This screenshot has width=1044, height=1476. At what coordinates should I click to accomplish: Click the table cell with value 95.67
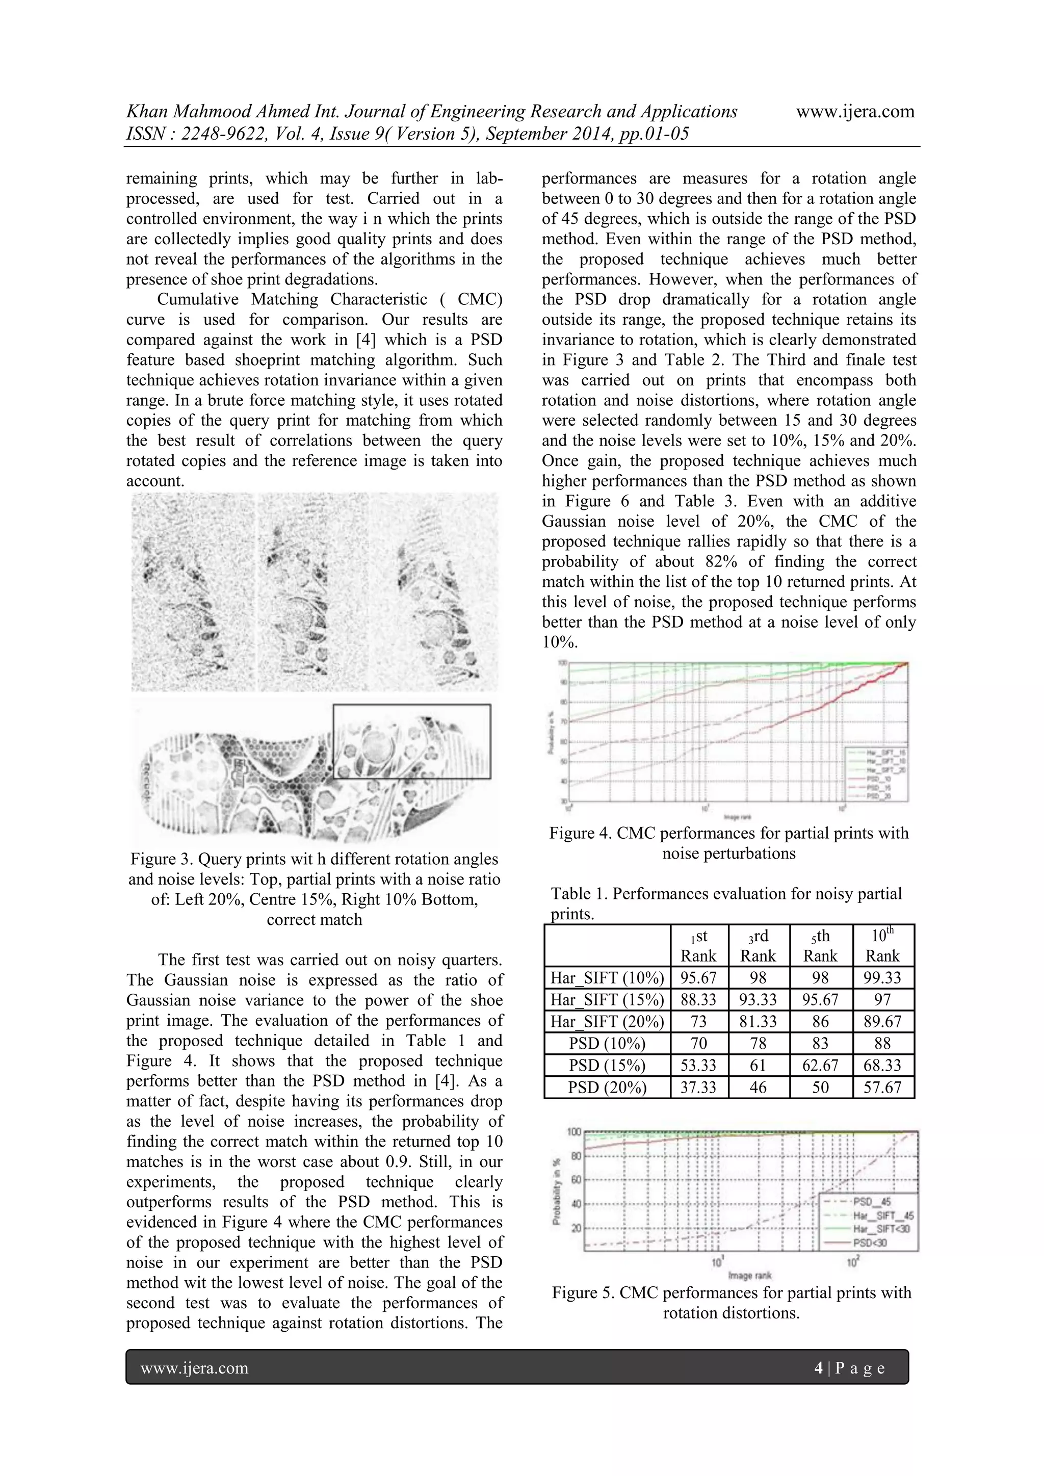(698, 978)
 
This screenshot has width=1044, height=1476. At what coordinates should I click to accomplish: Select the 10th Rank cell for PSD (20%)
(882, 1087)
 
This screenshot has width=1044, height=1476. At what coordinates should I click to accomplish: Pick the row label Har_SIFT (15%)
(607, 1000)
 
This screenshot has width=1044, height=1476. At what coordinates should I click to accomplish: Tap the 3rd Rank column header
(758, 946)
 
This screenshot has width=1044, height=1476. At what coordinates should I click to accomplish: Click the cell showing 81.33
(758, 1022)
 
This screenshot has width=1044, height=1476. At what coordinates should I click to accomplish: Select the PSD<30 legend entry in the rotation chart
(869, 1242)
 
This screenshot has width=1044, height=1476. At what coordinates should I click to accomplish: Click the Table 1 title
(726, 894)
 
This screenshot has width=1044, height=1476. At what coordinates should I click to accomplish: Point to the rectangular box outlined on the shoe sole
(411, 741)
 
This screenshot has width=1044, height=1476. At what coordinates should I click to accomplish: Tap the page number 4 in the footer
(818, 1368)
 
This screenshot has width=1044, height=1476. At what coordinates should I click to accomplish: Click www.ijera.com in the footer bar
(194, 1368)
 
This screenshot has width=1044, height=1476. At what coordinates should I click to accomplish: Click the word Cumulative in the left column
(199, 300)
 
